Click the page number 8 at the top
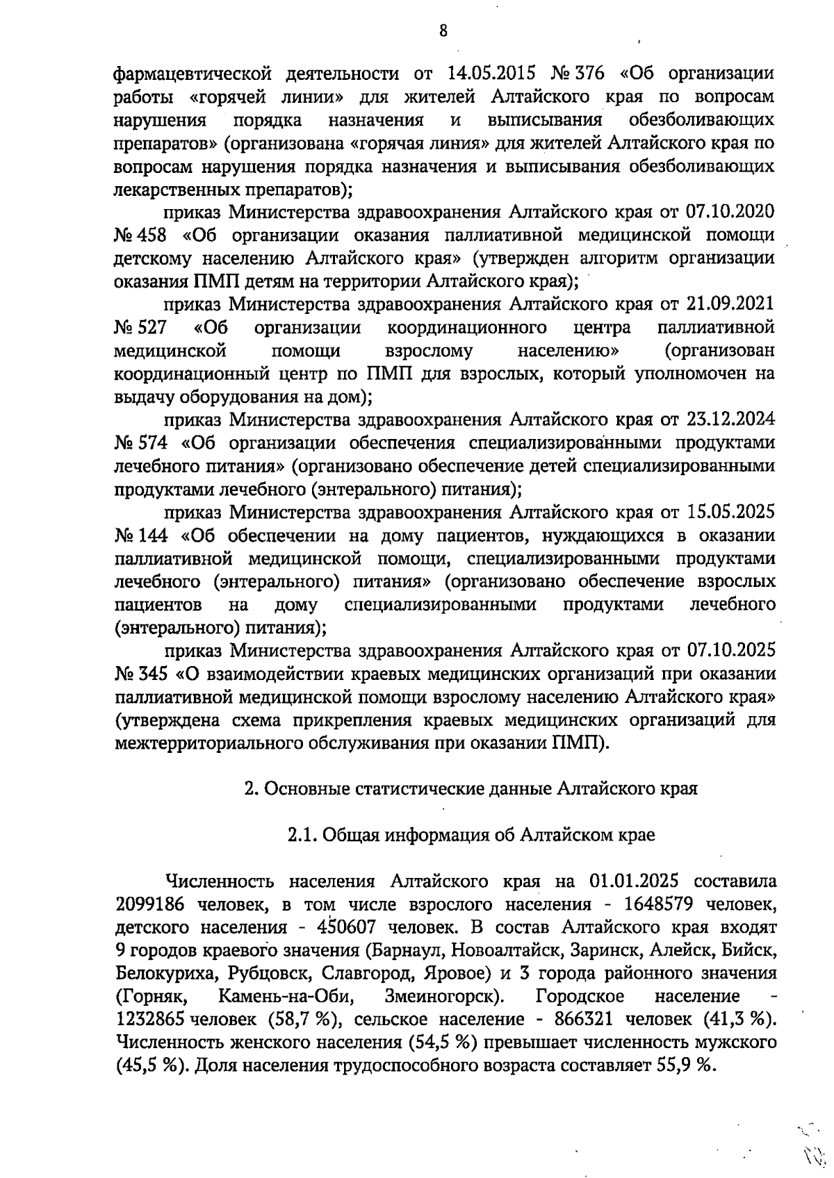tap(442, 31)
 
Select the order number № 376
tap(578, 73)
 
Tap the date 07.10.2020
tap(730, 211)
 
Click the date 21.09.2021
tap(730, 304)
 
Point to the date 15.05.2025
tap(730, 513)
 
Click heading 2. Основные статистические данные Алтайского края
tap(471, 789)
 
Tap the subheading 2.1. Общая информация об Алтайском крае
tap(471, 835)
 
